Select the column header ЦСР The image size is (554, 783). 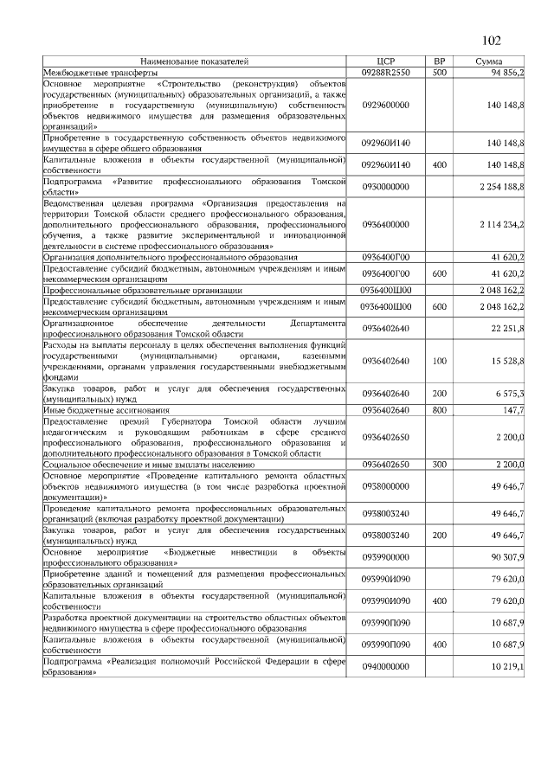386,61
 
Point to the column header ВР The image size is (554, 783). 439,61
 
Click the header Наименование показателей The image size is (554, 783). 195,61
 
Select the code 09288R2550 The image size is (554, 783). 386,73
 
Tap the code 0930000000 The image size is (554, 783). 386,186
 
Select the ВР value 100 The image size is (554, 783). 439,360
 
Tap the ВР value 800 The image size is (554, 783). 439,409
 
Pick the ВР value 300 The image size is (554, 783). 439,465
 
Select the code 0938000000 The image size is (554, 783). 386,487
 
